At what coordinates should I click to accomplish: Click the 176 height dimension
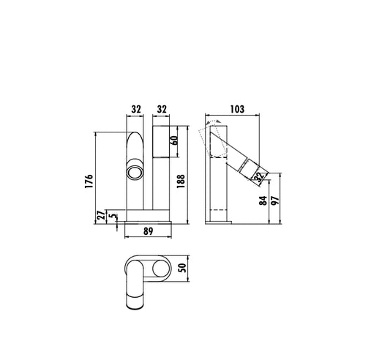[x=89, y=181]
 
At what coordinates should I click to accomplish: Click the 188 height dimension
[x=181, y=181]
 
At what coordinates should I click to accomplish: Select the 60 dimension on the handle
[x=174, y=141]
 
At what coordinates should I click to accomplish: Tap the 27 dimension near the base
[x=101, y=215]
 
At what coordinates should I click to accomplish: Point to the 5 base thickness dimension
[x=113, y=216]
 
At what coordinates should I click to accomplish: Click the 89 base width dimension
[x=149, y=231]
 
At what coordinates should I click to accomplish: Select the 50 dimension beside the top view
[x=183, y=268]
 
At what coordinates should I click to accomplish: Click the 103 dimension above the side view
[x=237, y=109]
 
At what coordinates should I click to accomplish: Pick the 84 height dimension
[x=263, y=200]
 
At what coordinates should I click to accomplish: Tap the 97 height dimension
[x=275, y=200]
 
